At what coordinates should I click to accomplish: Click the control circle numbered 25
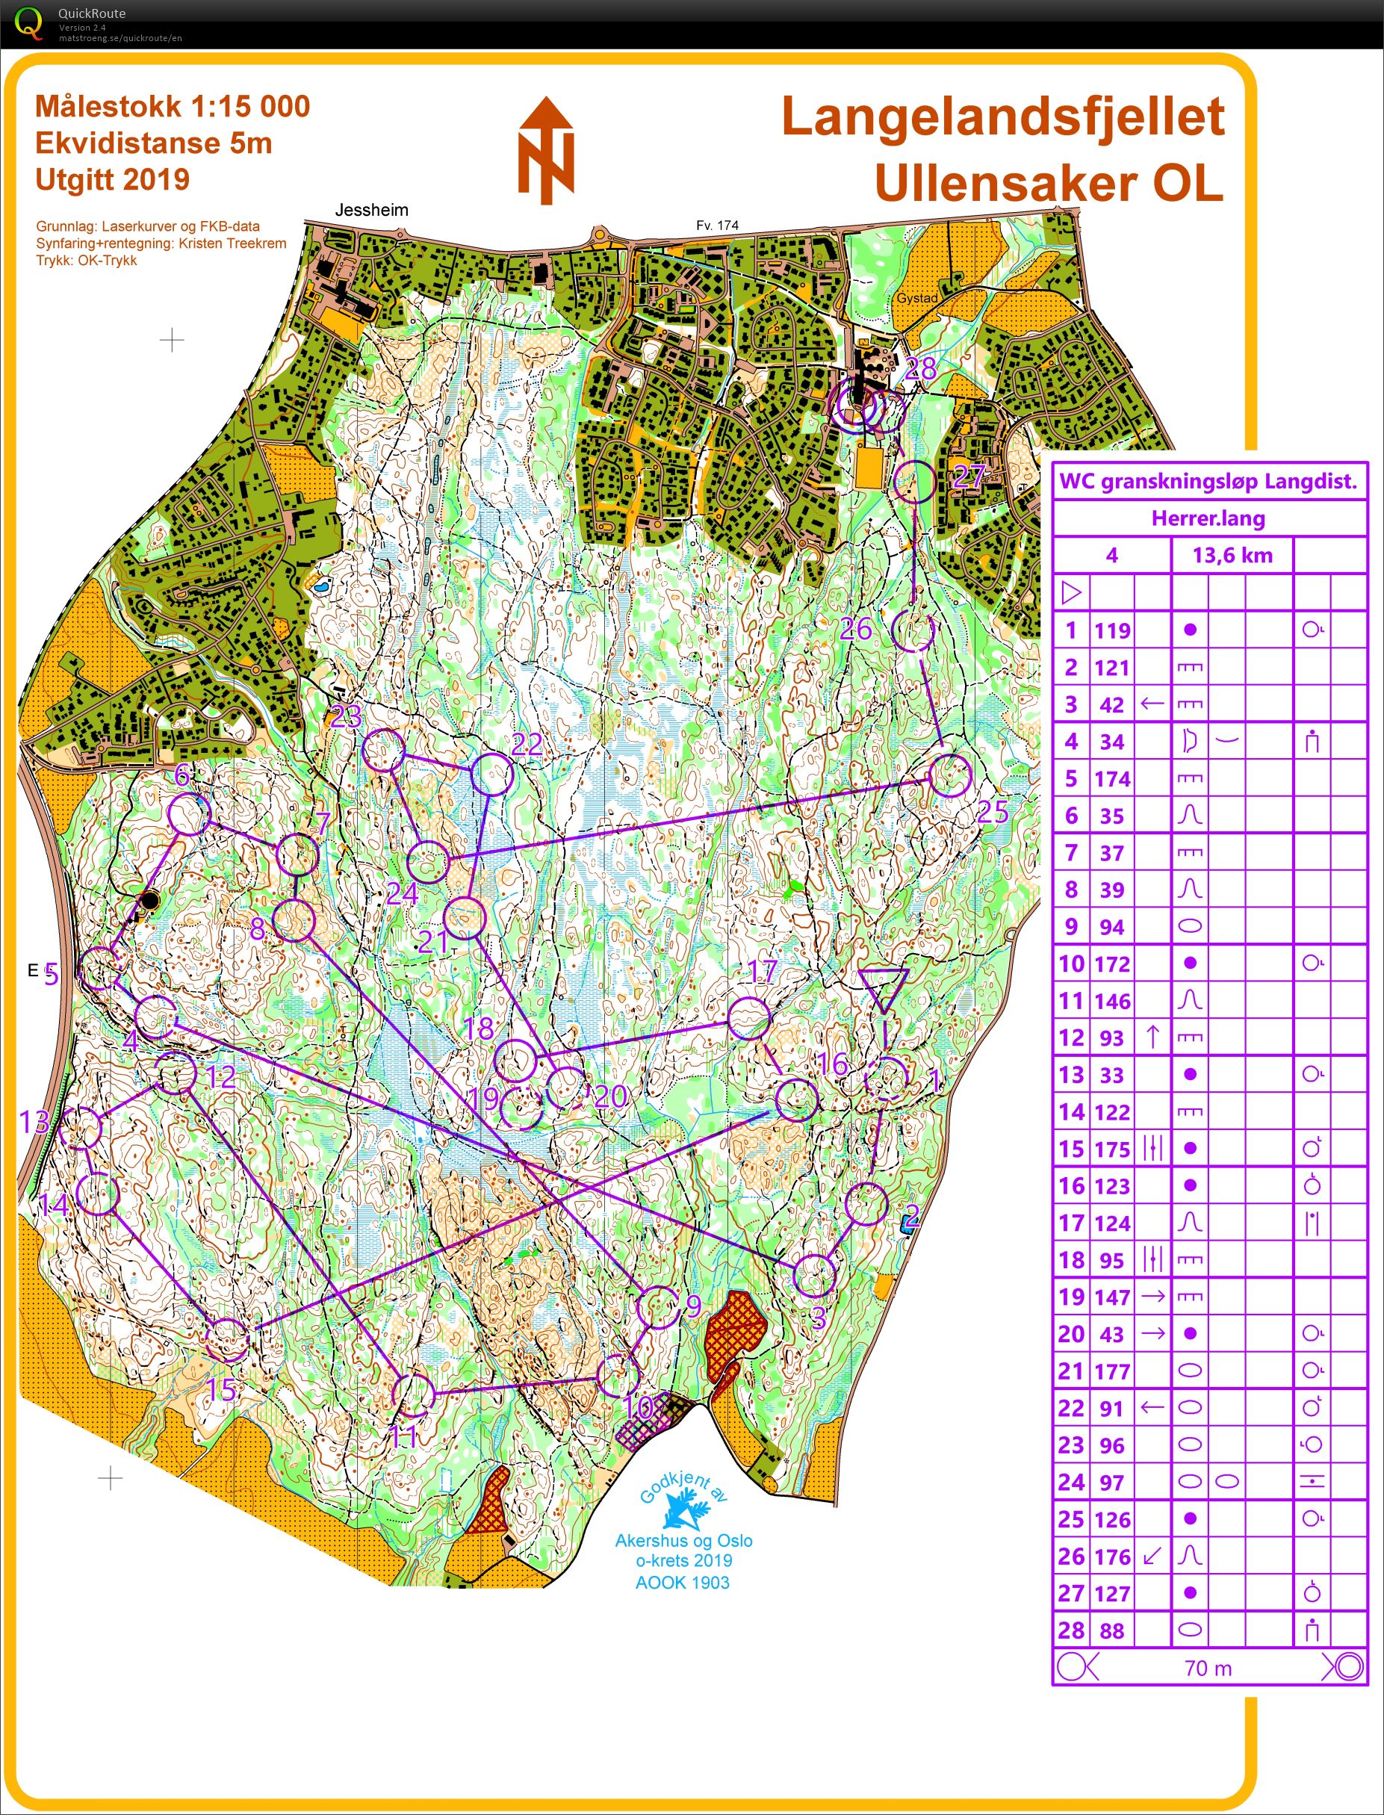tap(950, 775)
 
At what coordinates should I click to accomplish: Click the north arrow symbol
tap(546, 151)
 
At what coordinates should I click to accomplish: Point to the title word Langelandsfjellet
tap(1002, 117)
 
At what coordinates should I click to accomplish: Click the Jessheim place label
tap(371, 210)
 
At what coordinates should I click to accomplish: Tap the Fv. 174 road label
tap(717, 225)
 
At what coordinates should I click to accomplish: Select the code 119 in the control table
tap(1111, 631)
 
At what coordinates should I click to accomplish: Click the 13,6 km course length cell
tap(1232, 555)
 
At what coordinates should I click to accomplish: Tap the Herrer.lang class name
tap(1208, 518)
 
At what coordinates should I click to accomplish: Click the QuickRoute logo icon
tap(29, 23)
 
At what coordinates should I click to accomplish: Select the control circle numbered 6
tap(189, 815)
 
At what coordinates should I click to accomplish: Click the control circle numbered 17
tap(749, 1017)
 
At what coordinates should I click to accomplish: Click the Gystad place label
tap(917, 298)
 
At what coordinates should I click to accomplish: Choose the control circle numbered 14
tap(98, 1194)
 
